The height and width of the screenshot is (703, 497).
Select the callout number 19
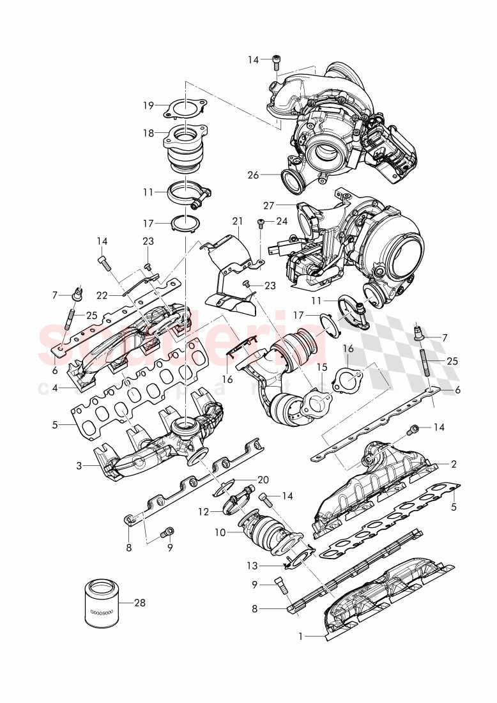[148, 106]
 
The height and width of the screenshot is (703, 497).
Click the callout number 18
[148, 133]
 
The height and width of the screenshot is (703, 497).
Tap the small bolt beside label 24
[261, 223]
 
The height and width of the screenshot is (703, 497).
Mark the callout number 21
[238, 221]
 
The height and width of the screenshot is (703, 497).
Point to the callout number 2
[453, 463]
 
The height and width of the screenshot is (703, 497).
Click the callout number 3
[79, 466]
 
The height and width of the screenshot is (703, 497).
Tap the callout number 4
[55, 387]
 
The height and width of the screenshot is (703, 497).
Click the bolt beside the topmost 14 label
[276, 61]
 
